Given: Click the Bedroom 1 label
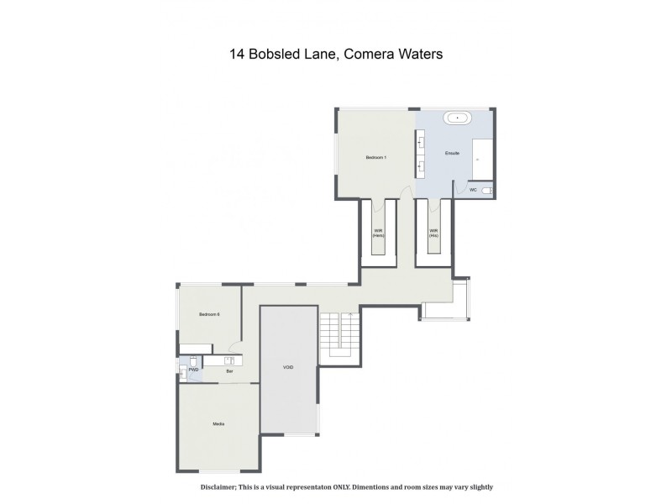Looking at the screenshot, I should point(375,158).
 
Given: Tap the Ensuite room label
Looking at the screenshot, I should point(440,155).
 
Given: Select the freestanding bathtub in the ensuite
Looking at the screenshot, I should point(458,118).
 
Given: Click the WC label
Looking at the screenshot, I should point(473,190).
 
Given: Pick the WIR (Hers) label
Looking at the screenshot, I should point(378,233).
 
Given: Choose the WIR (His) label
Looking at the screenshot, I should point(434,233).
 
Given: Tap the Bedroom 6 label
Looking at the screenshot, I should point(209,314).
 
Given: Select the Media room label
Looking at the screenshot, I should point(218,424).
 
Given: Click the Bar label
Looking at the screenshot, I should point(228,370).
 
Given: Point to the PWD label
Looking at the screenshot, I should point(192,370).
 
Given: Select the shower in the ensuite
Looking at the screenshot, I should point(482,160).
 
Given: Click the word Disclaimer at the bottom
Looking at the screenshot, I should point(223,487).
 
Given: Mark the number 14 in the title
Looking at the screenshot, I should point(238,55).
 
